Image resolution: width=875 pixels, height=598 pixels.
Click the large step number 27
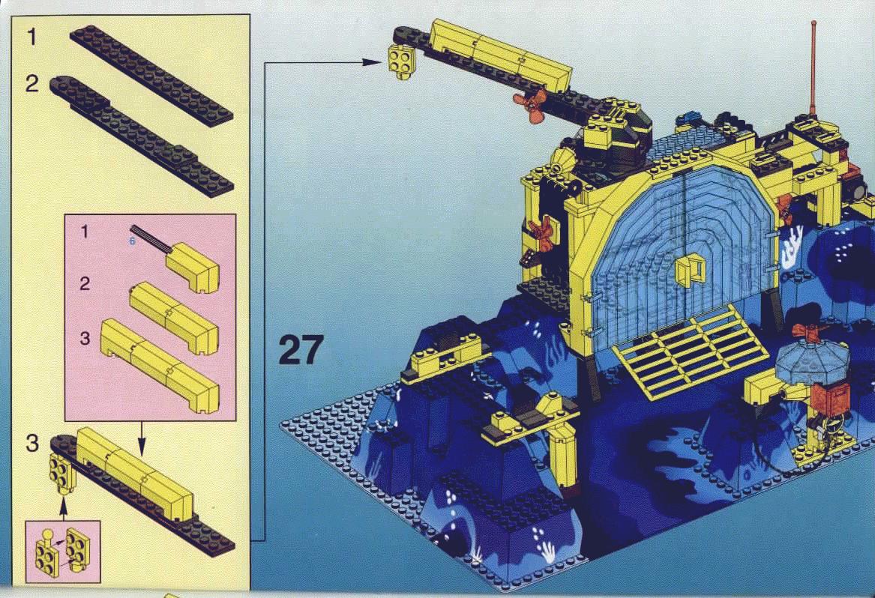300,350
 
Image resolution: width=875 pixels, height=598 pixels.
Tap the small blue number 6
132,241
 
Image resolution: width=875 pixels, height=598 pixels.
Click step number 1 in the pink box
84,231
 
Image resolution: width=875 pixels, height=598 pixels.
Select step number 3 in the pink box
84,338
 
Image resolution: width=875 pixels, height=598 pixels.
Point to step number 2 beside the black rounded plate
32,84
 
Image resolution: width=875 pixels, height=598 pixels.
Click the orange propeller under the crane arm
530,105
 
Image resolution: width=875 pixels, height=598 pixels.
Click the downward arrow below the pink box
141,438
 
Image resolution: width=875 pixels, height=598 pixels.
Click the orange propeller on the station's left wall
539,232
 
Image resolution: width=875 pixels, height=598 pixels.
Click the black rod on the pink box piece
150,239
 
